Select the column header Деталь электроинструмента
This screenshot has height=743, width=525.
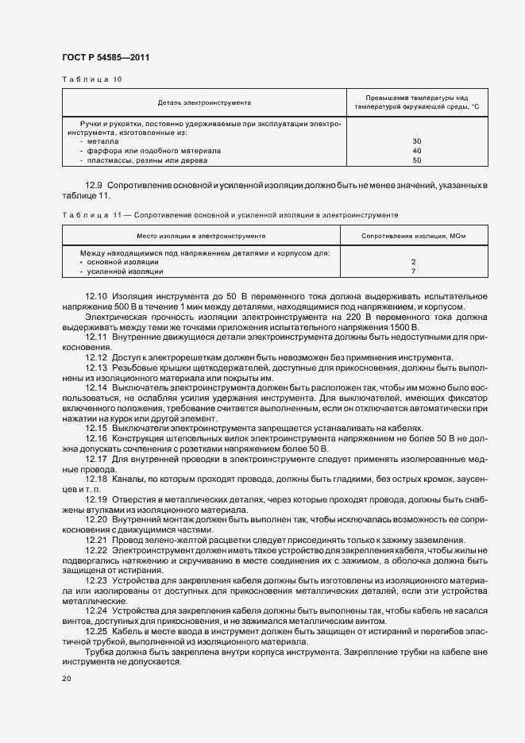(205, 102)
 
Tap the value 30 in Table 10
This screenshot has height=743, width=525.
(417, 141)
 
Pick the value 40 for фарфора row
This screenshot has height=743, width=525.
(417, 151)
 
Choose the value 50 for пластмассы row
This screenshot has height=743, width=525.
(417, 160)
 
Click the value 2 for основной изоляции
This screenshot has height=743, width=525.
(414, 262)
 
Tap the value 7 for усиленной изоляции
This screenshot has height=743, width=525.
(414, 271)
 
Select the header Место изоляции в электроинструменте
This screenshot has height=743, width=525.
(201, 237)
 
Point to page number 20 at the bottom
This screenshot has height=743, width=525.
(66, 679)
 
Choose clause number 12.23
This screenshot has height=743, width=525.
(96, 581)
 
